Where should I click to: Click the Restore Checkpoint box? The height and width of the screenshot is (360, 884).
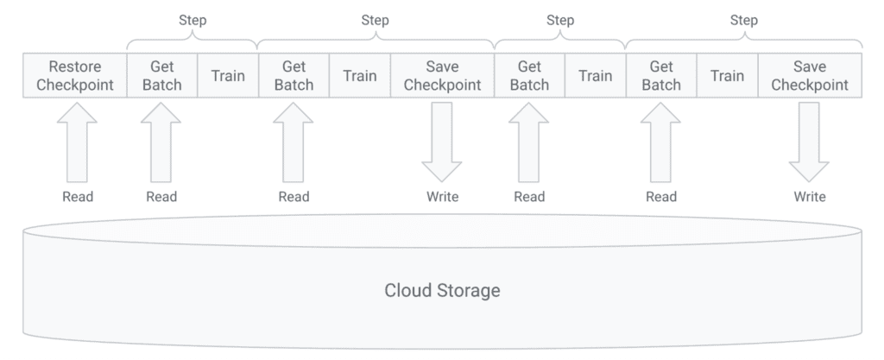[74, 76]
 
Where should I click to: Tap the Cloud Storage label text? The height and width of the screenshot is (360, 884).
[442, 290]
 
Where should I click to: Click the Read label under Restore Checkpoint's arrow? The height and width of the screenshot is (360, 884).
[78, 197]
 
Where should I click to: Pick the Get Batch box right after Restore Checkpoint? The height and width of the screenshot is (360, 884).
[161, 76]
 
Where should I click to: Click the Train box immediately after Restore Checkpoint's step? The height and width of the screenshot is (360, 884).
[227, 76]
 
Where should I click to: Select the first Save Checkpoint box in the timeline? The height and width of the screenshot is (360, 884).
[442, 76]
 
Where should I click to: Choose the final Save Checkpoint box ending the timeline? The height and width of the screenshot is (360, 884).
[809, 76]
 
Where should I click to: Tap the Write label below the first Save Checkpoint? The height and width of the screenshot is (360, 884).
[442, 197]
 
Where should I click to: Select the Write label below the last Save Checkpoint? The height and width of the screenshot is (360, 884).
[809, 197]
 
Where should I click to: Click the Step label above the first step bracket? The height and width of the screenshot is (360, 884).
[192, 20]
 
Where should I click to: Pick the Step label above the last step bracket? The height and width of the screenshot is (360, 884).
[742, 20]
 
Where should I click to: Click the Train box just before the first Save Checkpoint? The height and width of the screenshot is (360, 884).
[359, 76]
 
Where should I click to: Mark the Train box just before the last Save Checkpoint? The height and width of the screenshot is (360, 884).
[727, 76]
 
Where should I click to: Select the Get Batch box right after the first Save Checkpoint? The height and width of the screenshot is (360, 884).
[529, 76]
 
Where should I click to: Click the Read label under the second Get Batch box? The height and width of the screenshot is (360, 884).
[294, 197]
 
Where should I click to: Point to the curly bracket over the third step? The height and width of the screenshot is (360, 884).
[559, 41]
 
